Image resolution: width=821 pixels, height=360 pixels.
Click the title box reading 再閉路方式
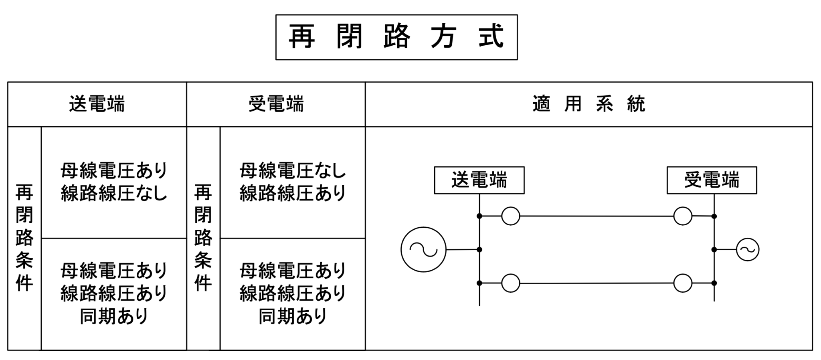pyautogui.click(x=396, y=37)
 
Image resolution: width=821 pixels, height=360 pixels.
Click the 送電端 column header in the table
pyautogui.click(x=97, y=104)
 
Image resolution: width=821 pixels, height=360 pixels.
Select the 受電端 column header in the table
pyautogui.click(x=276, y=104)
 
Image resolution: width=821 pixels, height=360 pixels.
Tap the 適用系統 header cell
pyautogui.click(x=588, y=104)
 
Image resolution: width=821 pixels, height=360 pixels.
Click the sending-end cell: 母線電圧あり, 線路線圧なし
pyautogui.click(x=114, y=182)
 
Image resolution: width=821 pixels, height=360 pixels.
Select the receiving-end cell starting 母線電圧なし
pyautogui.click(x=293, y=182)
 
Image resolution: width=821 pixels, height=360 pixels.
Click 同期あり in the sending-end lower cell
pyautogui.click(x=114, y=316)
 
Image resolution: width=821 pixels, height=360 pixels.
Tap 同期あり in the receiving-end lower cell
pyautogui.click(x=293, y=316)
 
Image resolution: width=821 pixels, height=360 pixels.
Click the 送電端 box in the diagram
pyautogui.click(x=479, y=180)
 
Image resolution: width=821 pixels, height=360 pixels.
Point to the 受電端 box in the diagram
pyautogui.click(x=712, y=180)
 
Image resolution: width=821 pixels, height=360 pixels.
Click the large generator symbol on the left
pyautogui.click(x=423, y=249)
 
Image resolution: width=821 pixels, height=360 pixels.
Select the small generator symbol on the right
pyautogui.click(x=747, y=249)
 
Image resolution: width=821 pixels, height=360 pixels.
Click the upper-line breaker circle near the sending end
pyautogui.click(x=511, y=216)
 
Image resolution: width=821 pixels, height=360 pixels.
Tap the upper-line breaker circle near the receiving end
pyautogui.click(x=683, y=216)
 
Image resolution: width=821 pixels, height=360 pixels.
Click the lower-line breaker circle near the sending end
pyautogui.click(x=511, y=283)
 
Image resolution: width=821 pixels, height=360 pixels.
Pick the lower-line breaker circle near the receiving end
pyautogui.click(x=683, y=283)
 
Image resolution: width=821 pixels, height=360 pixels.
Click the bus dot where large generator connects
pyautogui.click(x=479, y=249)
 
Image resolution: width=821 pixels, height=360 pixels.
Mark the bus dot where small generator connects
pyautogui.click(x=714, y=249)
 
